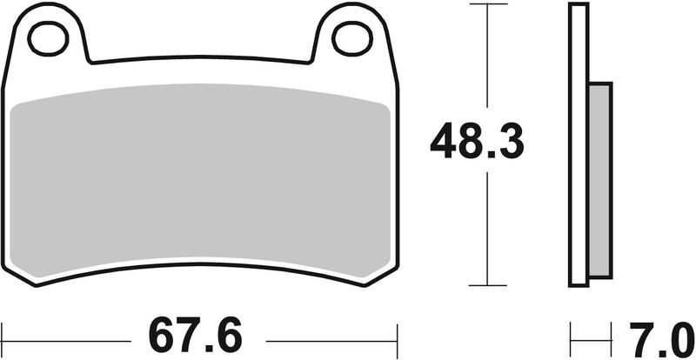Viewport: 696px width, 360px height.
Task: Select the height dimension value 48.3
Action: tap(478, 141)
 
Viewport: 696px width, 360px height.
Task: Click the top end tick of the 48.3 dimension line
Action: tap(486, 4)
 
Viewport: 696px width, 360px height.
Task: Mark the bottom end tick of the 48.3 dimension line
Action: tap(486, 284)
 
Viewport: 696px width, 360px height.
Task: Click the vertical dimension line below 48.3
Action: tap(486, 226)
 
